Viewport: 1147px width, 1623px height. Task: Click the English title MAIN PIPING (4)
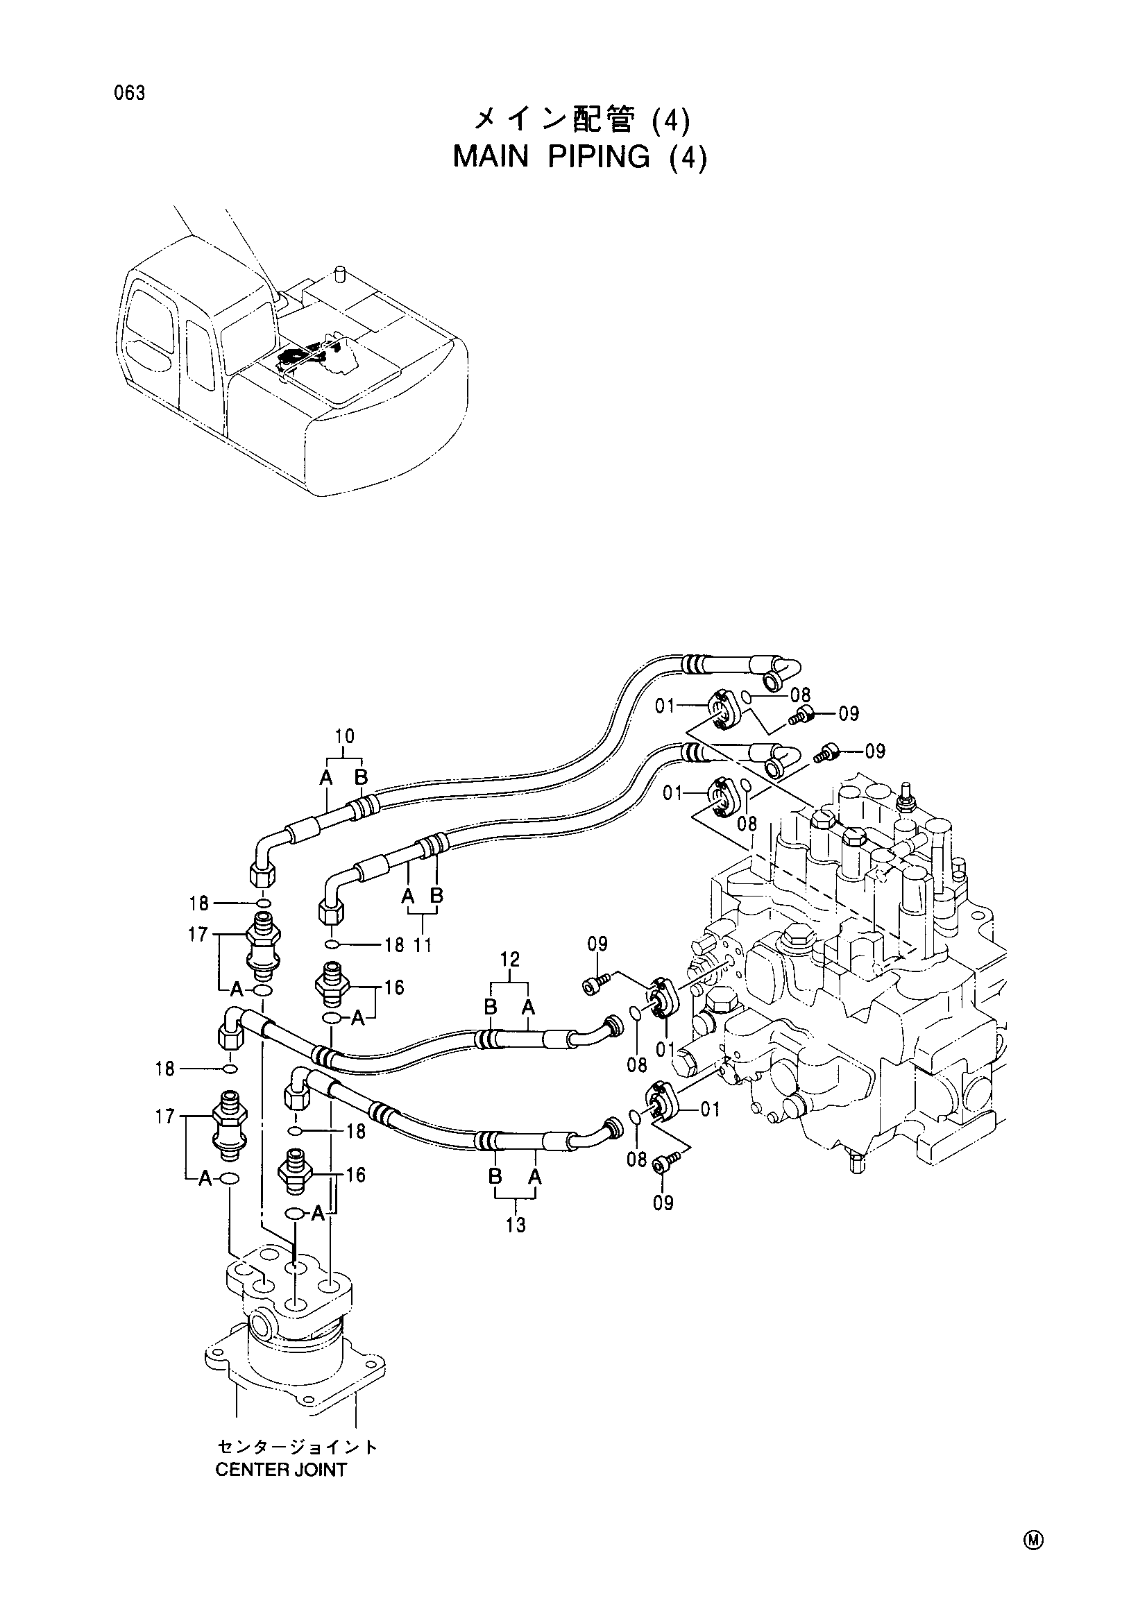click(579, 157)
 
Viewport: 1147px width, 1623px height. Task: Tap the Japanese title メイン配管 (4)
click(579, 121)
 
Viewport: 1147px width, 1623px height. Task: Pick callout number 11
click(423, 944)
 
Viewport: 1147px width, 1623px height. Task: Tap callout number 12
click(509, 959)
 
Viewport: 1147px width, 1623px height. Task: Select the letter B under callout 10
click(361, 778)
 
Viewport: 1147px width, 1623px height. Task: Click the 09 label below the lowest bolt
click(663, 1203)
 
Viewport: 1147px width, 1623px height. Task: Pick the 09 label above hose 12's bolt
click(597, 944)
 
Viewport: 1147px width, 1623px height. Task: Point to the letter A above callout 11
click(408, 897)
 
